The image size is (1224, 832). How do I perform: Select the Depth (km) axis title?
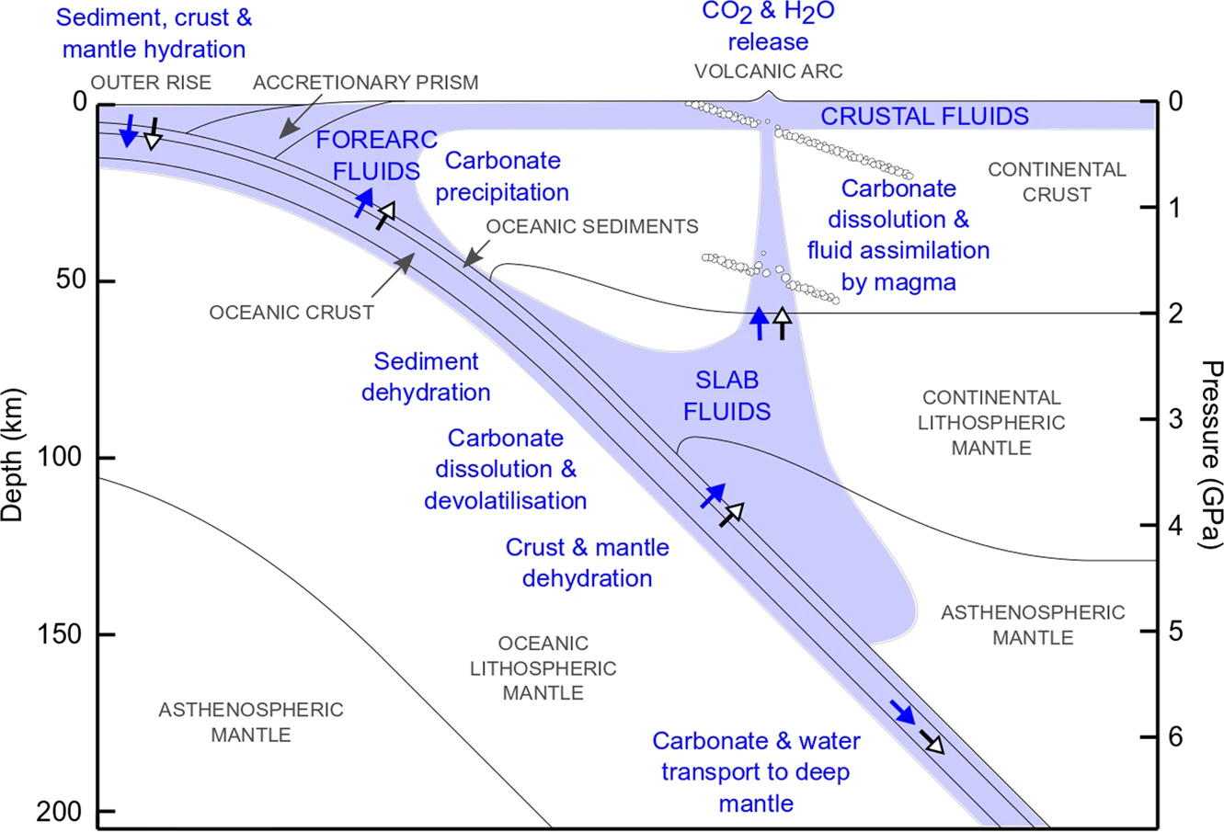click(13, 455)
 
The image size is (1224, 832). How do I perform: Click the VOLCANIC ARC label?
click(768, 71)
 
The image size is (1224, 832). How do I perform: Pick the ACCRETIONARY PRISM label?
click(366, 83)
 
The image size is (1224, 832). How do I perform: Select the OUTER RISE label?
click(151, 83)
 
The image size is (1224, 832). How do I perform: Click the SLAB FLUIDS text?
click(726, 395)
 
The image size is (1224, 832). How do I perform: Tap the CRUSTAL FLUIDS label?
click(924, 117)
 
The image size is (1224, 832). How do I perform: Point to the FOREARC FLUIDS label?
click(375, 155)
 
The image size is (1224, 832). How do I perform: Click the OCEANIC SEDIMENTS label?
click(592, 226)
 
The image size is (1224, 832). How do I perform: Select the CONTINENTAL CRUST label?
click(1057, 182)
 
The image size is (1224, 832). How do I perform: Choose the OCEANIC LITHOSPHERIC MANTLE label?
click(543, 668)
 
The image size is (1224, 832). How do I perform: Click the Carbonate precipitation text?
click(502, 177)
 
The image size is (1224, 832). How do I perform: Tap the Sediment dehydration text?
click(425, 377)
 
